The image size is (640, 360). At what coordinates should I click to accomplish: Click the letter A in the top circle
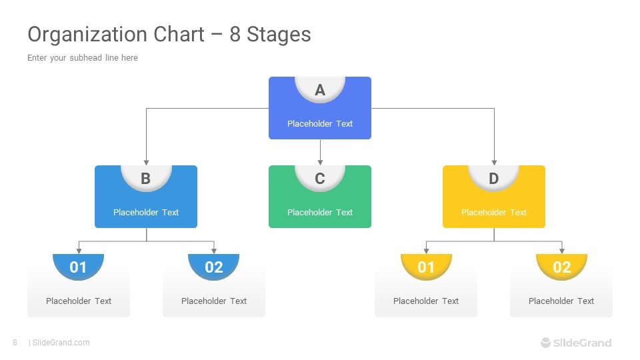(320, 90)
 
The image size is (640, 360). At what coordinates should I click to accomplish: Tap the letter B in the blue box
(146, 179)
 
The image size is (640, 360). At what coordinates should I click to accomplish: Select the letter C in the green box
(320, 179)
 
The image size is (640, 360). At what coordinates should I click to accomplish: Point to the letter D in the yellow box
(494, 179)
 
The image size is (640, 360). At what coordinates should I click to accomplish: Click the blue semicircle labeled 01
(79, 267)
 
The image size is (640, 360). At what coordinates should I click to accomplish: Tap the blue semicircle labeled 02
(214, 267)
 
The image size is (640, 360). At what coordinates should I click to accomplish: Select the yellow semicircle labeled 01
(426, 267)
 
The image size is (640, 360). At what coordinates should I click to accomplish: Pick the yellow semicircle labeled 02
(561, 267)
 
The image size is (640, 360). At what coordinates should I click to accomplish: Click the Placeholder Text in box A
(320, 124)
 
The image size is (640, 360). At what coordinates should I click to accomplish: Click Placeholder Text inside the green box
(320, 212)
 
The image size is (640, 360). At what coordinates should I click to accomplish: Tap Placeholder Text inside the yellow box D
(494, 212)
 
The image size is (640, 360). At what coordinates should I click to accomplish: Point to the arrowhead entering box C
(320, 163)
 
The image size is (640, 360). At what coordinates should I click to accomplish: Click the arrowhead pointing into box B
(146, 163)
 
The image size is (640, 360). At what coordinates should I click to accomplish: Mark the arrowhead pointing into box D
(494, 163)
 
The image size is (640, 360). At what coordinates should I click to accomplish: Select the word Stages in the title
(279, 35)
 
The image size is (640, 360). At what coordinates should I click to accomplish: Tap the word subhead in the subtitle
(86, 57)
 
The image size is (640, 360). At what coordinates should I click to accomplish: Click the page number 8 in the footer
(15, 343)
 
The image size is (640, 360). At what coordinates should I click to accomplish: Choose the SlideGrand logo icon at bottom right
(546, 343)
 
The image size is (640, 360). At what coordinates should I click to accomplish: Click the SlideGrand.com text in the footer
(61, 343)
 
